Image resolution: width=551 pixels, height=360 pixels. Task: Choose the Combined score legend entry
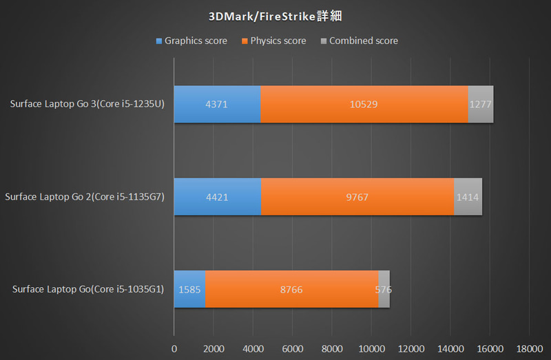(359, 41)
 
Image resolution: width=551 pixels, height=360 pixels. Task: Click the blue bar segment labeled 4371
(217, 105)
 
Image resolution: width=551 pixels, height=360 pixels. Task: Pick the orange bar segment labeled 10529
(364, 105)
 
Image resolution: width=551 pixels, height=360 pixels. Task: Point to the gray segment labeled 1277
(481, 105)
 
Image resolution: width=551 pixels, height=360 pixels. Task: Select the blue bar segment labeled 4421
(218, 197)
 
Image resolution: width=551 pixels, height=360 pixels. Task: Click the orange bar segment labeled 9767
(357, 197)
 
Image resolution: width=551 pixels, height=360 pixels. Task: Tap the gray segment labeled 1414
(468, 197)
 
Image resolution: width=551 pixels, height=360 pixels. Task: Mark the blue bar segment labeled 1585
(189, 289)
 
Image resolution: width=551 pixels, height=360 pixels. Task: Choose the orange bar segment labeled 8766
(291, 289)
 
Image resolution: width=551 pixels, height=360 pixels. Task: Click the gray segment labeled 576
(384, 289)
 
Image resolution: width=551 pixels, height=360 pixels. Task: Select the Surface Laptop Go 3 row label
(87, 105)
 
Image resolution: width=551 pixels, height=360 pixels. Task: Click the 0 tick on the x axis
(174, 348)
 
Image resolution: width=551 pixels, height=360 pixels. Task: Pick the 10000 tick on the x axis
(372, 348)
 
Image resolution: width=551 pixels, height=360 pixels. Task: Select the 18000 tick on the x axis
(530, 348)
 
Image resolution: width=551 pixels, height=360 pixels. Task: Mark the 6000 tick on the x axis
(293, 348)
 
